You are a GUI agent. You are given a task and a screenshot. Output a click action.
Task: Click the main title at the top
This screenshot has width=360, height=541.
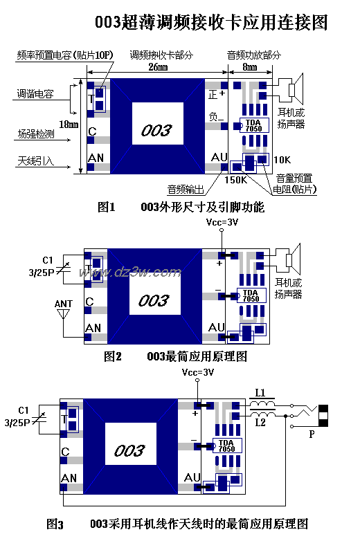pos(211,22)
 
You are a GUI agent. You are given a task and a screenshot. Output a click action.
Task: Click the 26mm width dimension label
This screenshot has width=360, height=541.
pos(157,67)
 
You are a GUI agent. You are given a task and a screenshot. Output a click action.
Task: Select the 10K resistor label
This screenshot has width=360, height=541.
pos(282,159)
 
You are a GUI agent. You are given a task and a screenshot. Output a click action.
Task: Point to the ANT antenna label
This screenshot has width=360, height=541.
pos(63,304)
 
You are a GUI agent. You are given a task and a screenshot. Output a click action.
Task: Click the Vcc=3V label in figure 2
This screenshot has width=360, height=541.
pos(222,223)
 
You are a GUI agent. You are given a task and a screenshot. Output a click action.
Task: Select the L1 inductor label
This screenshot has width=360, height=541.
pos(260,392)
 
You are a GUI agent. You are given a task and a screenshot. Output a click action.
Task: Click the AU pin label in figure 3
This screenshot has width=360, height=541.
pos(192,477)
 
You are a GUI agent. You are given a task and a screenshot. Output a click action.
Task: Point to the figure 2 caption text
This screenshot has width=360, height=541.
pos(175,357)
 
